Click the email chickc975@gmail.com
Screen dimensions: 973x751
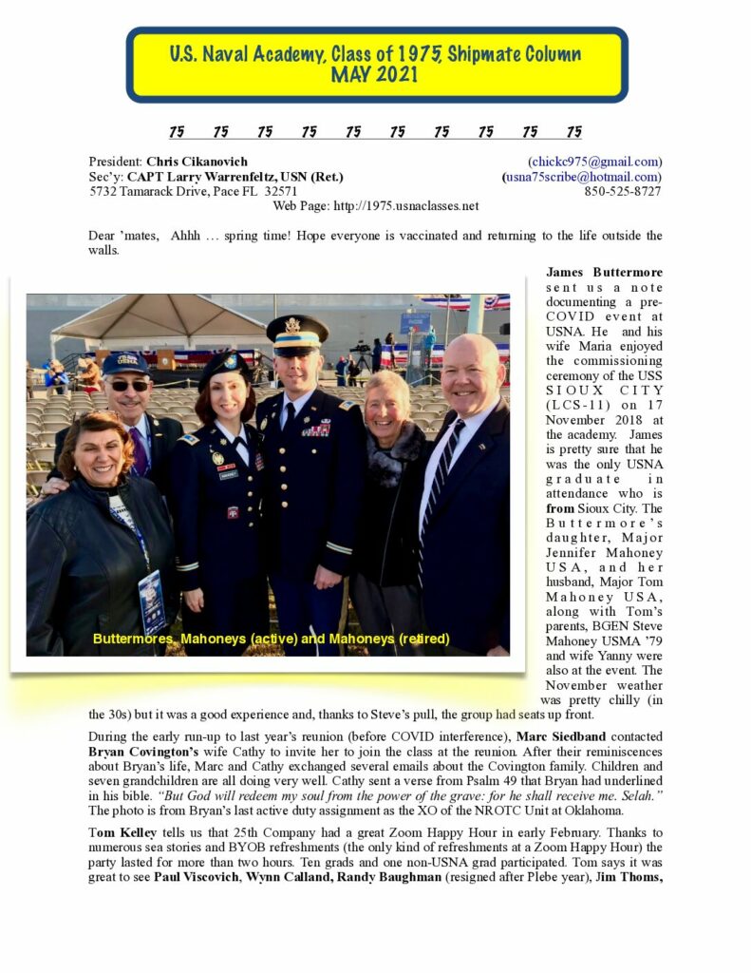tap(595, 162)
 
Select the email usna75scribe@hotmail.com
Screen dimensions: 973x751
tap(583, 177)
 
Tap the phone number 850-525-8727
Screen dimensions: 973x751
tap(623, 191)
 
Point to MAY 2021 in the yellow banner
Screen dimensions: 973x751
tap(375, 74)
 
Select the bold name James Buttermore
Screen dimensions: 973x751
tap(604, 273)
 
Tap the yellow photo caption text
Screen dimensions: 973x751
tap(271, 639)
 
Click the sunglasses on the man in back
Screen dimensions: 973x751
tap(127, 386)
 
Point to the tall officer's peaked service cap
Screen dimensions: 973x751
tap(296, 329)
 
